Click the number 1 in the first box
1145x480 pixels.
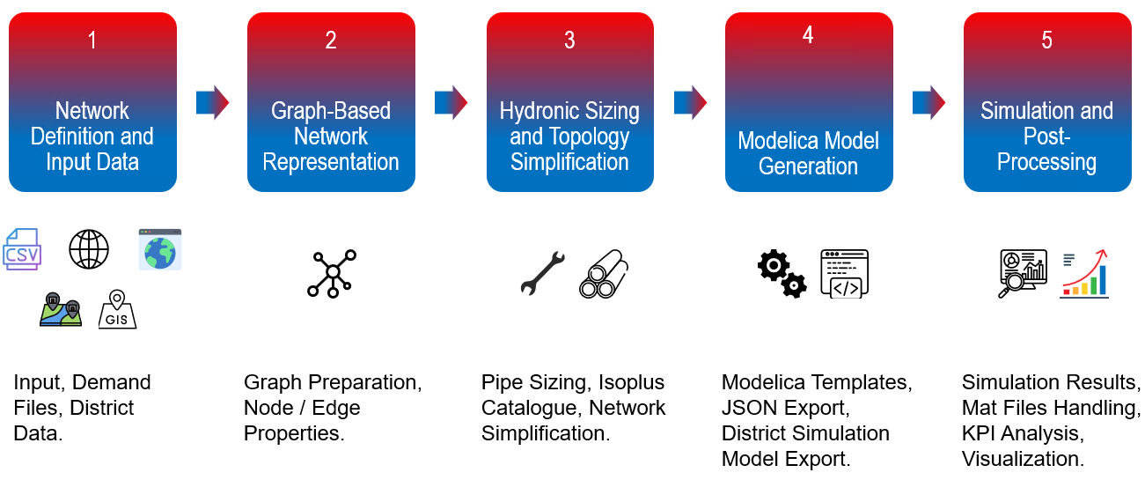(x=92, y=41)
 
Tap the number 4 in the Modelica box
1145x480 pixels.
(x=808, y=35)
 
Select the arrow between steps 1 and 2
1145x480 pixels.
(x=212, y=102)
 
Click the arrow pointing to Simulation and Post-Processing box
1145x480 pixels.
(x=928, y=102)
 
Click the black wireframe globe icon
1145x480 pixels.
(x=89, y=249)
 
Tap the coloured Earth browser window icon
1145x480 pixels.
(x=159, y=249)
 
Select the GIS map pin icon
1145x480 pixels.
(x=117, y=310)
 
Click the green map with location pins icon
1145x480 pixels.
(x=61, y=310)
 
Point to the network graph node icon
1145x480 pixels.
(x=332, y=273)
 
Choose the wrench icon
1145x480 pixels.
(x=542, y=273)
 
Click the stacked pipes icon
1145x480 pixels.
(x=604, y=274)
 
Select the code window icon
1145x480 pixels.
(x=844, y=274)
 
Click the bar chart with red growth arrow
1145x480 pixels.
(x=1085, y=273)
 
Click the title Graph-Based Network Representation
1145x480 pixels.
(x=331, y=137)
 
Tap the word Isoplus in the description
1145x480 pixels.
(x=632, y=382)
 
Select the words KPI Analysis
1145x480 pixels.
(x=1020, y=433)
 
